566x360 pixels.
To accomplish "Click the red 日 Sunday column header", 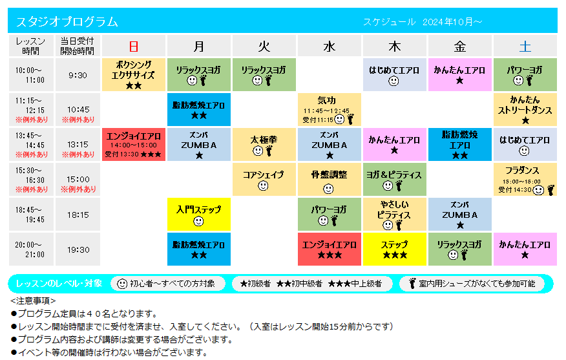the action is pos(134,46).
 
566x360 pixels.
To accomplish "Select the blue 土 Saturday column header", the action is pos(525,46).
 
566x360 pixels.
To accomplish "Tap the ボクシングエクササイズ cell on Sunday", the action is pos(134,75).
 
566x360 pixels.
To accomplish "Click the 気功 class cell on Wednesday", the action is pos(330,109).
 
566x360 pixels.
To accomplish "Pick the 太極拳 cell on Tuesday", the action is pos(264,144).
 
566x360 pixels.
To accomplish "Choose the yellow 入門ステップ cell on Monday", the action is pos(199,214).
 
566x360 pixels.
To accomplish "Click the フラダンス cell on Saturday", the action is pos(525,180).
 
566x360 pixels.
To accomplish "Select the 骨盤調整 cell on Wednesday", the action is pos(330,180).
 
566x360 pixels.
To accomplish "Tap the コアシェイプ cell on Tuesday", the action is pos(264,180).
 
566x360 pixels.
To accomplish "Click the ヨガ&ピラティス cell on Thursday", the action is pos(395,180).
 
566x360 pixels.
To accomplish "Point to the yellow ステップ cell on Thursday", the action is pos(395,249).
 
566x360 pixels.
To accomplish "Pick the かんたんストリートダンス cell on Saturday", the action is pos(525,109).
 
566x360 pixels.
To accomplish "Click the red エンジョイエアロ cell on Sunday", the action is pos(134,144).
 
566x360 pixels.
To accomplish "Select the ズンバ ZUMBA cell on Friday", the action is pos(460,214).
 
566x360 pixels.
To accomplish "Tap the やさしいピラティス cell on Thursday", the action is pos(395,214).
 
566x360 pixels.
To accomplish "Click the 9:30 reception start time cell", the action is pos(78,75).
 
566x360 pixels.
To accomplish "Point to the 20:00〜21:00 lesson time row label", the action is pos(31,249).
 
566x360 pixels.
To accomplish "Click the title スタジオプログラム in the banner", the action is pos(67,21).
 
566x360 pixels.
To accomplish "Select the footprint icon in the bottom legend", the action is pos(412,284).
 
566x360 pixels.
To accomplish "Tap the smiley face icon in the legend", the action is pos(122,284).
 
